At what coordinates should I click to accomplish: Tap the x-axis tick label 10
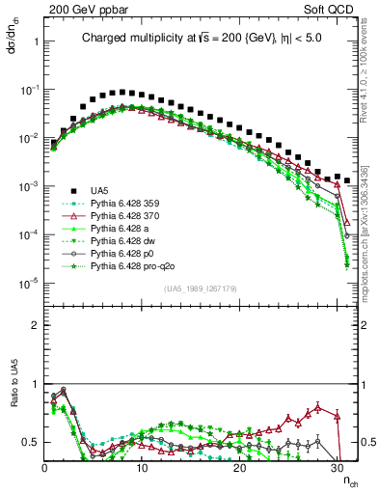tap(142, 468)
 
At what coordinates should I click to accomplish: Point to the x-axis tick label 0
tap(43, 468)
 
